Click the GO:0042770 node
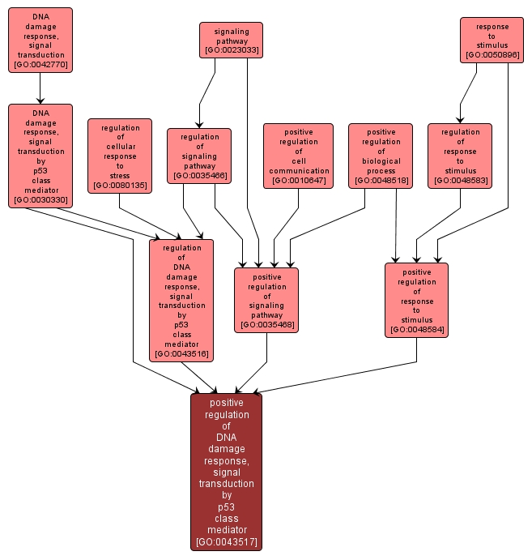40,40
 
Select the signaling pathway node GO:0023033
231,40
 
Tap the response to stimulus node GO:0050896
492,40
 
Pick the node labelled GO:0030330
40,156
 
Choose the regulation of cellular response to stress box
119,156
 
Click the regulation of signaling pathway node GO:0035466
199,156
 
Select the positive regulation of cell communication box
298,156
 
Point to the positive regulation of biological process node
380,156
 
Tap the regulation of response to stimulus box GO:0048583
459,156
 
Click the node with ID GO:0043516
181,299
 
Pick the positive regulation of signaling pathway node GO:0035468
266,300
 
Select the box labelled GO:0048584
416,300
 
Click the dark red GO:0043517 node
226,472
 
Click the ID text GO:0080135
120,186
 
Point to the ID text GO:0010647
299,181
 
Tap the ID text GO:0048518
381,181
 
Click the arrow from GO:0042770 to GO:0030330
40,88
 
